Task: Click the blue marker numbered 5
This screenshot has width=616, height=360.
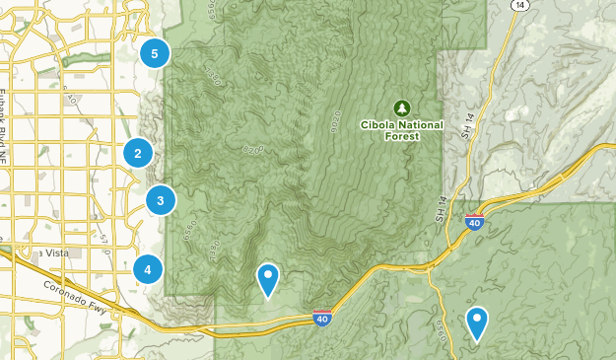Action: coord(155,53)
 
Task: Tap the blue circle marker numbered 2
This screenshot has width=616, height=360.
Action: coord(138,153)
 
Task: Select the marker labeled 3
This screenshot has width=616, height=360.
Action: coord(161,200)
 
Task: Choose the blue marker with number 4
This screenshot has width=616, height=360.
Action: coord(148,268)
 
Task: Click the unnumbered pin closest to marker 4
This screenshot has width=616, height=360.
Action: coord(267,279)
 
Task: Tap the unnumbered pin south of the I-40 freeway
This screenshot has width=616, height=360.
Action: coord(477,322)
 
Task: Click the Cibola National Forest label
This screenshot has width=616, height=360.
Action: coord(401,130)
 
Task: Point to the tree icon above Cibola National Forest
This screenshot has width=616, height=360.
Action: coord(401,107)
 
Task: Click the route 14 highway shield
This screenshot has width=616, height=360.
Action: coord(520,5)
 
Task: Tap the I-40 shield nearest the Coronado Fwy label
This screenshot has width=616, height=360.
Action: coord(322,317)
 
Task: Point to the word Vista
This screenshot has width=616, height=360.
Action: coord(54,253)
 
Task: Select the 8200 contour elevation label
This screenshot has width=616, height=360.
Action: coord(252,149)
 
